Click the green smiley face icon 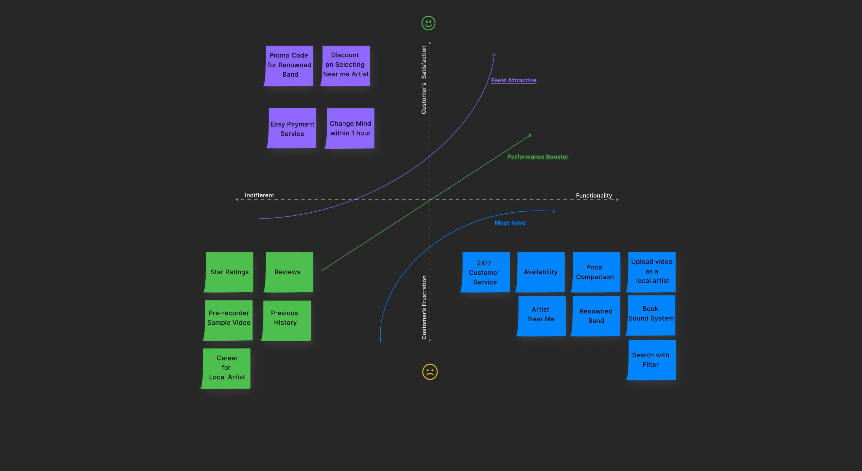428,23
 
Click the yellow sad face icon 430,372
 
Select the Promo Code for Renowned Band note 289,65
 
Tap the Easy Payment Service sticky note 292,128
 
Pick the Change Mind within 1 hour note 350,128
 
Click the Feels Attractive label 513,80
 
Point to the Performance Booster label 537,157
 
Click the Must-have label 510,223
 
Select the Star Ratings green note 229,272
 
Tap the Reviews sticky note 288,272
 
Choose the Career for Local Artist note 226,368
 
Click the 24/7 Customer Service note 485,272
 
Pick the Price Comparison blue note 596,272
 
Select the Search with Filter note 651,360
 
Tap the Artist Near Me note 541,315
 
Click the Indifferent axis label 259,195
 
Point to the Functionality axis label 593,195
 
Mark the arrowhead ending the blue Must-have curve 554,211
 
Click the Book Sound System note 651,315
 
